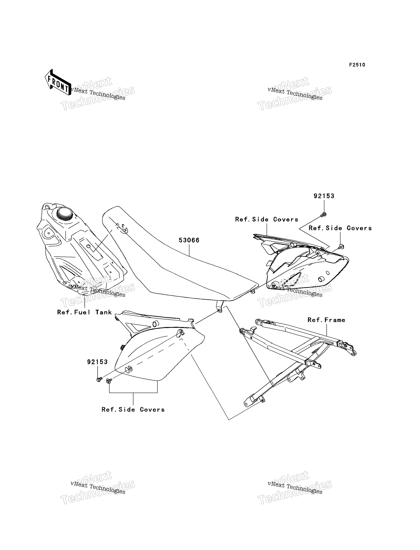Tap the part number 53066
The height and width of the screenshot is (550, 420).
[x=189, y=240]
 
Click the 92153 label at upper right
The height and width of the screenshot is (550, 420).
[x=324, y=196]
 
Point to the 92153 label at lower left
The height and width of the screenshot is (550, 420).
[x=97, y=362]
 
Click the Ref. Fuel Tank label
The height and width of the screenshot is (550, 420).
[x=84, y=312]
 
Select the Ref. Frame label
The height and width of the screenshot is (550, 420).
[x=326, y=320]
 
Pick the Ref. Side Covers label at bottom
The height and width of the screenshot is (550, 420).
[x=133, y=410]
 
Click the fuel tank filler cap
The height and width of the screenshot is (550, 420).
[x=65, y=214]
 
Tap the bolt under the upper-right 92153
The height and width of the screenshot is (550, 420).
[x=323, y=214]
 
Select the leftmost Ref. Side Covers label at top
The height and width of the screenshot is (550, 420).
[x=267, y=219]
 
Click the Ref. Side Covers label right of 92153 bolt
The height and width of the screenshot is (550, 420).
[x=340, y=228]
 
